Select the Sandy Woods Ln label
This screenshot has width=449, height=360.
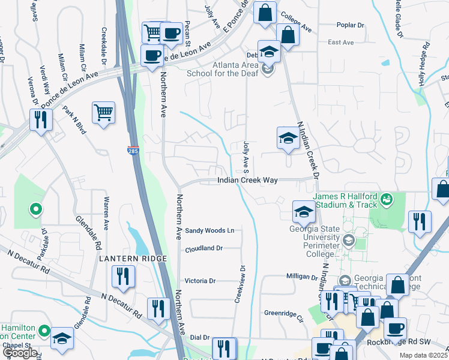coord(209,230)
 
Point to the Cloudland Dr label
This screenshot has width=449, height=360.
coord(204,248)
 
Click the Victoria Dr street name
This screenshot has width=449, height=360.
coord(200,280)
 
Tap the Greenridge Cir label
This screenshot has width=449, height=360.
coord(285,313)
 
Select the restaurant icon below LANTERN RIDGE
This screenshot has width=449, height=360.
coord(123,277)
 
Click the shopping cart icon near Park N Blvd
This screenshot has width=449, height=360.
coord(104,112)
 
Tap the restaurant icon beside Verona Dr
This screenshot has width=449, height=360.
coord(41,119)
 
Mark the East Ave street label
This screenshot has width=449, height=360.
coord(341,43)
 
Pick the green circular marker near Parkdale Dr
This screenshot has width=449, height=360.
coord(36,209)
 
